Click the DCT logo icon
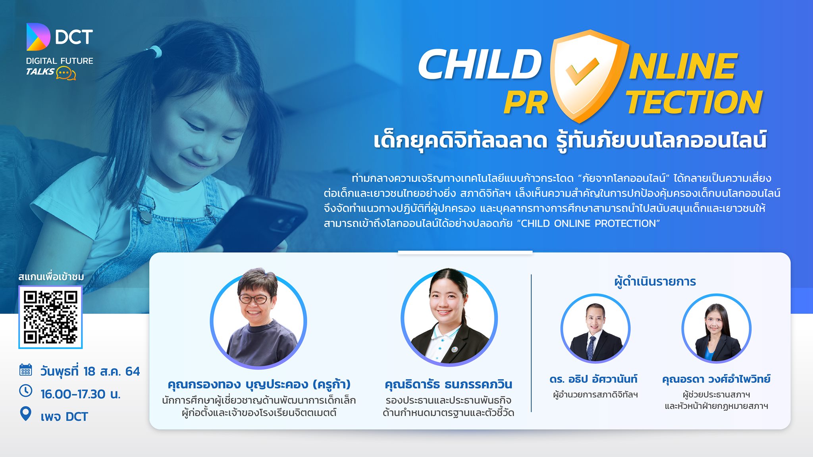38,37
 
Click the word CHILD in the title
480,65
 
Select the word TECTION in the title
694,102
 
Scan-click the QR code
50,317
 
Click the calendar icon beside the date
26,370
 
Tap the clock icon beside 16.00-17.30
26,391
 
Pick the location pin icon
26,414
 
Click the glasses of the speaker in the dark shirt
254,299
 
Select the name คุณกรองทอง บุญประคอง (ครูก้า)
259,384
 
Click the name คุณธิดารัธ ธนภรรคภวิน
449,384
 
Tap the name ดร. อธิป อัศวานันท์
593,379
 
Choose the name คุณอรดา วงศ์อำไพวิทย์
716,379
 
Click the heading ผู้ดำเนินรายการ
655,282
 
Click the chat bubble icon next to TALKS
66,73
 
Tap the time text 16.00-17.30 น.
81,394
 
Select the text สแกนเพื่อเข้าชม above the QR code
51,277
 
